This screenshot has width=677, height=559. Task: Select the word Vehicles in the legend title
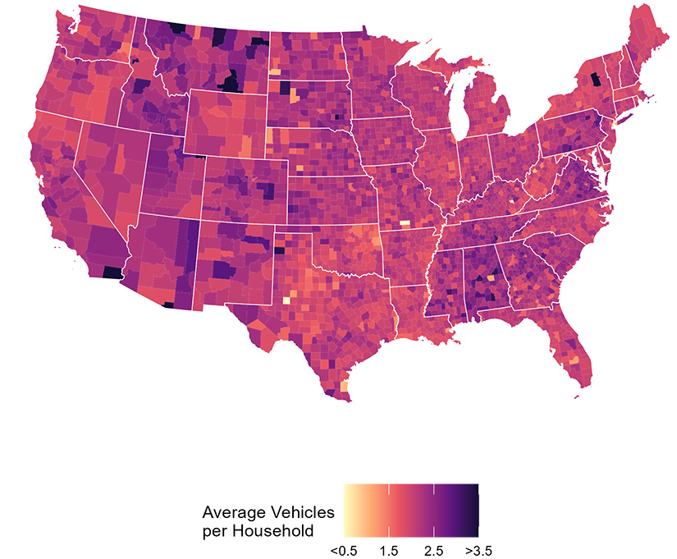click(x=302, y=512)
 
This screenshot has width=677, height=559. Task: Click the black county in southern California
click(x=109, y=273)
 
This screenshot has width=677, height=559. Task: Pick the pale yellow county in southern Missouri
click(x=404, y=222)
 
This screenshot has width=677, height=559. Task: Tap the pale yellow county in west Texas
click(x=286, y=300)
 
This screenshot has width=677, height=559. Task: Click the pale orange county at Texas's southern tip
click(x=343, y=385)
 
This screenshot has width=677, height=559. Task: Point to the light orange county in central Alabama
click(x=491, y=279)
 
